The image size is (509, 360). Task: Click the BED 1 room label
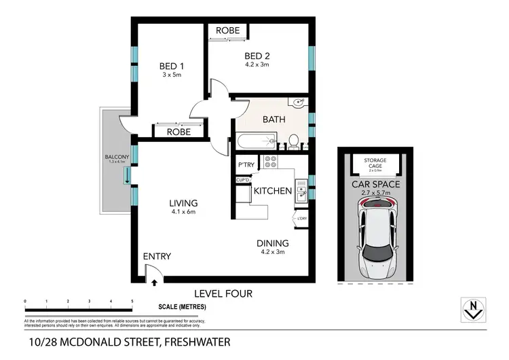(172, 66)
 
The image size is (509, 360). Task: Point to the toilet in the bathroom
(294, 141)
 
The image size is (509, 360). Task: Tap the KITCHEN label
(273, 192)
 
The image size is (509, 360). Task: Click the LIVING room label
(184, 203)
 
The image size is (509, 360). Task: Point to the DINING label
(272, 243)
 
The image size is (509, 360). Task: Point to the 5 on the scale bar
(132, 300)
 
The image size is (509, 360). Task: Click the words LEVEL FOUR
(223, 293)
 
